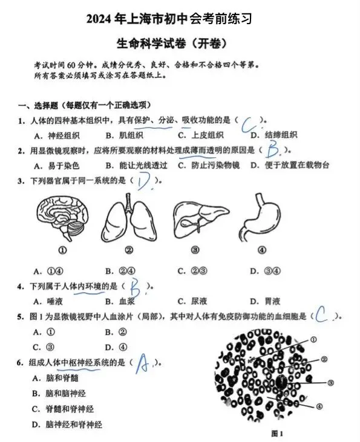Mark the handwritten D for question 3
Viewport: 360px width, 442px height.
point(144,181)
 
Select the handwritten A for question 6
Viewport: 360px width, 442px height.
point(143,364)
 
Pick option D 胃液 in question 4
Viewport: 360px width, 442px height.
point(265,301)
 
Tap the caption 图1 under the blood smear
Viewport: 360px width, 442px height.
point(277,433)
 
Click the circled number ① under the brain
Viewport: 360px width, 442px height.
point(62,251)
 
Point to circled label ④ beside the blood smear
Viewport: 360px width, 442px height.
point(319,406)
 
